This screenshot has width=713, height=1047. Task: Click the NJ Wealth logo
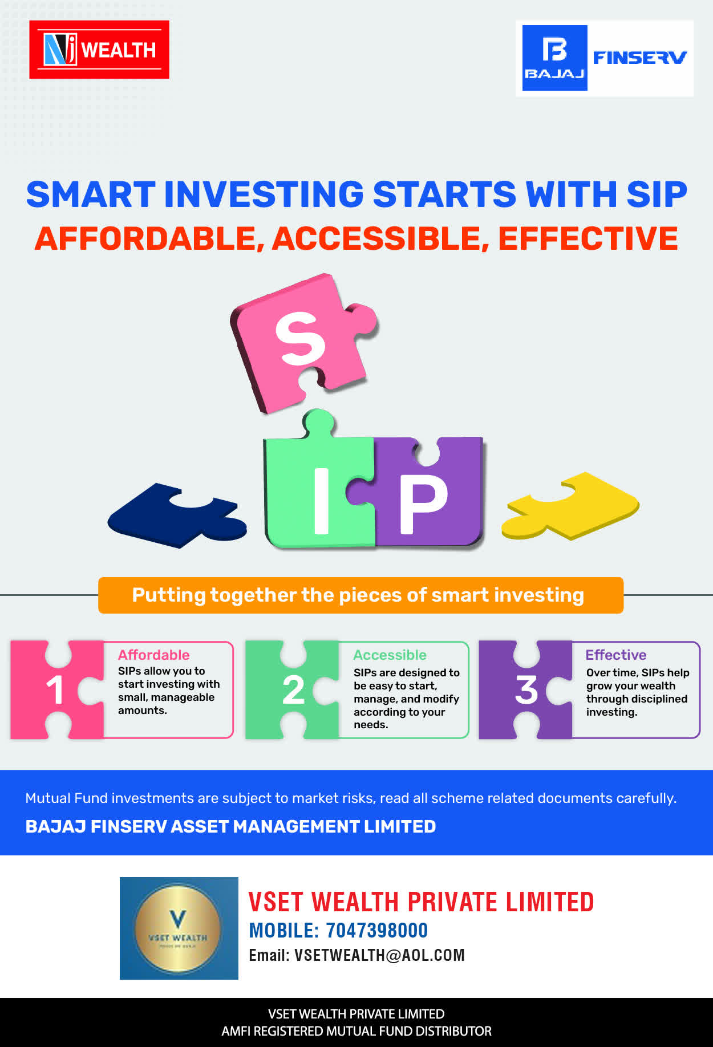[99, 50]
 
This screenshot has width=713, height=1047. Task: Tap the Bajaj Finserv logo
[605, 58]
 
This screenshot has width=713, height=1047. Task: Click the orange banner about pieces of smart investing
[360, 595]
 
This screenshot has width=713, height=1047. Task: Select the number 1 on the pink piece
[55, 690]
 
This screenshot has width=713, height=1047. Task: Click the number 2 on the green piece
[293, 690]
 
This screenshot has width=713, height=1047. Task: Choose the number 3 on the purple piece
[526, 690]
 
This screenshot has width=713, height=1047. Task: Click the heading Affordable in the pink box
[153, 655]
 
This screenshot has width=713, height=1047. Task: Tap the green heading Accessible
[390, 655]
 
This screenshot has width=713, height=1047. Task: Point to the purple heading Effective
[616, 655]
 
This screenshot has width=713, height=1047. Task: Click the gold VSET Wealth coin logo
[179, 928]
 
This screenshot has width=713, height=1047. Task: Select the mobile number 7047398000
[376, 931]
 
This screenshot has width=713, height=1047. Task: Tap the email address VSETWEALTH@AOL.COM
[379, 955]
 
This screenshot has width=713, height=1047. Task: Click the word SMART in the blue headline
[91, 194]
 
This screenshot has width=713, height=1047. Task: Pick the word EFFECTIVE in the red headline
[588, 238]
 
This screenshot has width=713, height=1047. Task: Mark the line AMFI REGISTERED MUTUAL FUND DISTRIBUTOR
[356, 1031]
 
